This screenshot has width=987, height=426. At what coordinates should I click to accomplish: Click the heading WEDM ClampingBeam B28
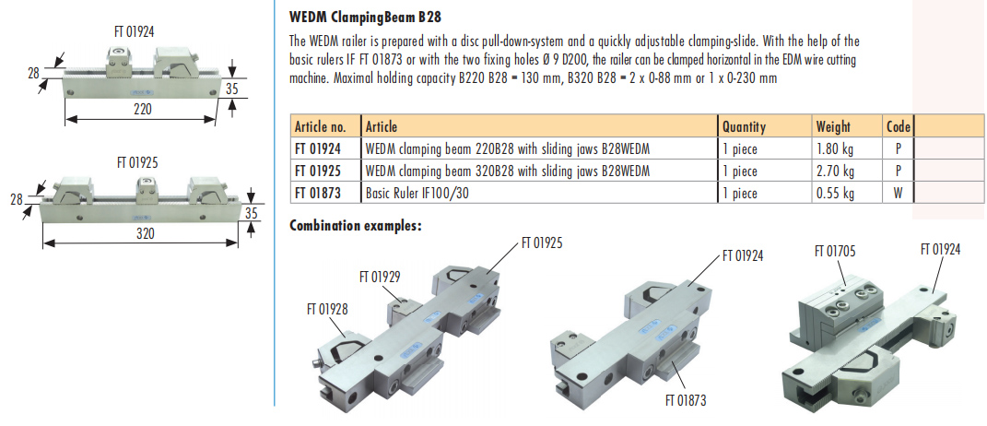click(x=366, y=17)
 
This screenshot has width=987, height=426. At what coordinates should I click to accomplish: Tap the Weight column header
click(x=833, y=126)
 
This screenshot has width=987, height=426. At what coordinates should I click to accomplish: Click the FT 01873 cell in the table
click(x=318, y=193)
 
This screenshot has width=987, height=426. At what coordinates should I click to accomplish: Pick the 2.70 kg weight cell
click(x=835, y=171)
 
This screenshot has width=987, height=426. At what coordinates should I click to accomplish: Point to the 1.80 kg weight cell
click(x=835, y=148)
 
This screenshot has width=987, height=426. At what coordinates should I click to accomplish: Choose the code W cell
click(x=898, y=193)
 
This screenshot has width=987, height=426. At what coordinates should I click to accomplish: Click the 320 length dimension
click(x=145, y=234)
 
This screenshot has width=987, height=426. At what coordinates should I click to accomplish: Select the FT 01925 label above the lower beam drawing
click(x=138, y=161)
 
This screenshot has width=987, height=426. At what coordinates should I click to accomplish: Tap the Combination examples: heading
click(x=356, y=224)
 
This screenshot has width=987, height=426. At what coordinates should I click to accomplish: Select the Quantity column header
click(x=744, y=126)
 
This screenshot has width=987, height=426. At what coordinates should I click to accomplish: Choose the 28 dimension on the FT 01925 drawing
click(x=17, y=199)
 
